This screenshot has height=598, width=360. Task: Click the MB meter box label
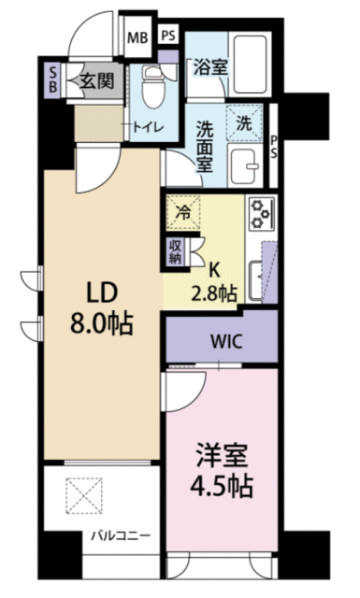(x=137, y=37)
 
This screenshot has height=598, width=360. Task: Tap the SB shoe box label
(x=53, y=79)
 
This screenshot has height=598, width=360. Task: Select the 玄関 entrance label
(x=97, y=81)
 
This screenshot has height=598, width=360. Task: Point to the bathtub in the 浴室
(x=250, y=64)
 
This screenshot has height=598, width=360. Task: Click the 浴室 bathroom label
(x=210, y=67)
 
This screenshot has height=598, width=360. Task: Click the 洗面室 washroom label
(x=205, y=147)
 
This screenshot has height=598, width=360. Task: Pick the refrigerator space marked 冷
(x=183, y=212)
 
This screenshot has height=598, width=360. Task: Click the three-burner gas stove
(x=262, y=214)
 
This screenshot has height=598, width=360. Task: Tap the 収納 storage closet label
(x=176, y=252)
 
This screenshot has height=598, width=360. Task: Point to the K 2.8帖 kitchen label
(x=214, y=282)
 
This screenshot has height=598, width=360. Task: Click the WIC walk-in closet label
(x=227, y=341)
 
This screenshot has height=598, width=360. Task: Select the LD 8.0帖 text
(x=102, y=308)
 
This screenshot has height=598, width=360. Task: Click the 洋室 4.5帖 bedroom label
(x=222, y=472)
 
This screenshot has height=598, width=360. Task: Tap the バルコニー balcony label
(x=121, y=535)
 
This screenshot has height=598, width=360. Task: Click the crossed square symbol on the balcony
(x=84, y=495)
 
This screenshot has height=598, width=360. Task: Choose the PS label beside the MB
(x=168, y=36)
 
